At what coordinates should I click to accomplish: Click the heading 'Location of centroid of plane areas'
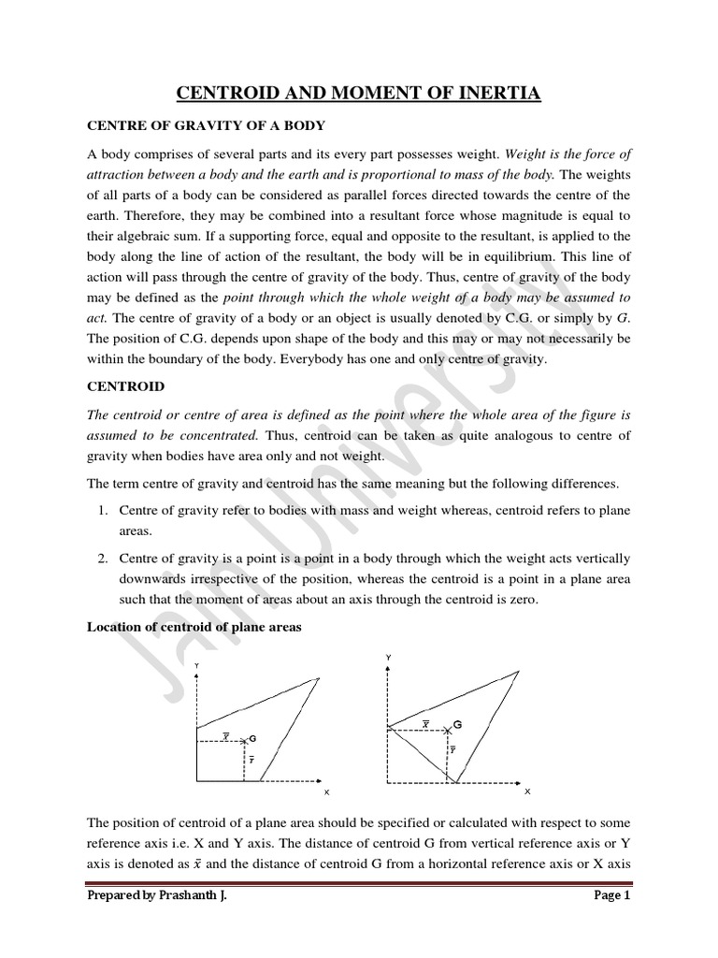pos(194,627)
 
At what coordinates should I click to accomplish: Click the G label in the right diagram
pos(458,724)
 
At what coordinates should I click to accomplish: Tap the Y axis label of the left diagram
pos(196,665)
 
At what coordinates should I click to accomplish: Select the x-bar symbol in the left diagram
pos(225,735)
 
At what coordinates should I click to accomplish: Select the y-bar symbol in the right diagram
pos(453,749)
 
